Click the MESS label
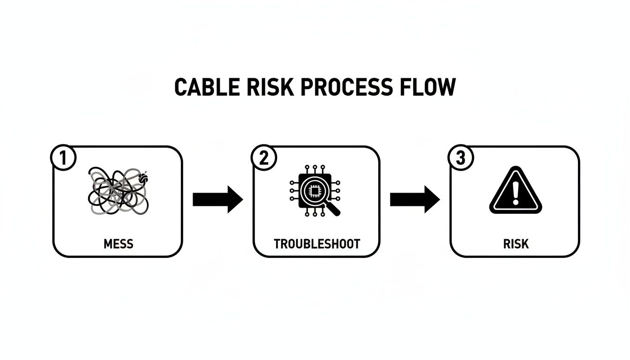point(118,244)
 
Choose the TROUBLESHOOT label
point(317,244)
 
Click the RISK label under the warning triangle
point(516,244)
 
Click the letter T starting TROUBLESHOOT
point(277,244)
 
